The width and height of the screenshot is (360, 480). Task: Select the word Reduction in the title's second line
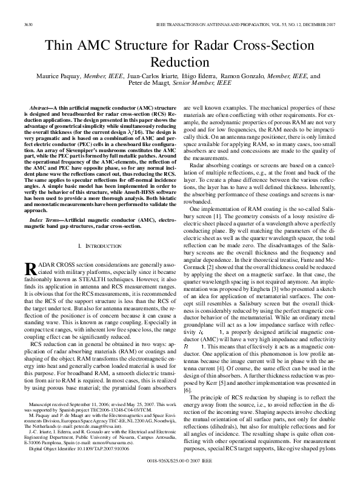(179, 62)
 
